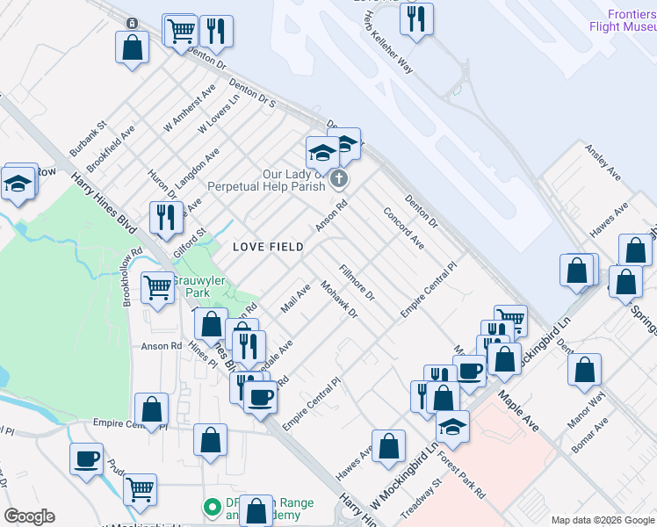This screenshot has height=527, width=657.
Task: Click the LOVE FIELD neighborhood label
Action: click(x=268, y=247)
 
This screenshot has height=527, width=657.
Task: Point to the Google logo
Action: click(x=29, y=516)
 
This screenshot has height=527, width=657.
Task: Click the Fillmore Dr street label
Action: click(x=357, y=284)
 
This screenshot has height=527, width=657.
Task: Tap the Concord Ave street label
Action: click(x=404, y=228)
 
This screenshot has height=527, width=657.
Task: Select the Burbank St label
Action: click(x=89, y=139)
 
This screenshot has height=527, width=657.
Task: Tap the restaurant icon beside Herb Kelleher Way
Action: click(x=417, y=18)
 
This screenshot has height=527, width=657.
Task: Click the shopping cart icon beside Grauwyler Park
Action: click(x=157, y=285)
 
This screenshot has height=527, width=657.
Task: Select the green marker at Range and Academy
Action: click(x=211, y=507)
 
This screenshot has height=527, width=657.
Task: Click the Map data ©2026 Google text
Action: click(x=603, y=520)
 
